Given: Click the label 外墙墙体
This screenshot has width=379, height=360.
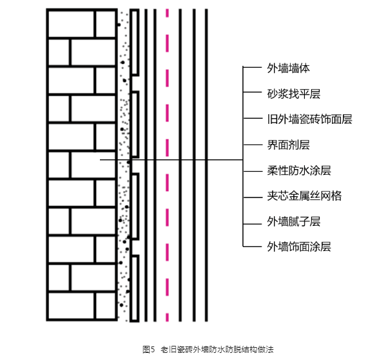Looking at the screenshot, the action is [288, 68].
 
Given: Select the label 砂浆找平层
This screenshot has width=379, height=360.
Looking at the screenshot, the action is [294, 94].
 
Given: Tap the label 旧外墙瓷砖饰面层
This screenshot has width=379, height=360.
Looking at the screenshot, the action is [309, 119].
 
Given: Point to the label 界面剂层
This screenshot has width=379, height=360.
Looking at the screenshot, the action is [288, 145].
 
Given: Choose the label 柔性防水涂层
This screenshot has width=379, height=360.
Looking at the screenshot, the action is [299, 170].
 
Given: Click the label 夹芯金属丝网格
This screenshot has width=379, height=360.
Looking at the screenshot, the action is [304, 196].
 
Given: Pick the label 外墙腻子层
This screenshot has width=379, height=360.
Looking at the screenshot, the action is [294, 222].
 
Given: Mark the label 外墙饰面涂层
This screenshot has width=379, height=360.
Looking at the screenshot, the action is [299, 247].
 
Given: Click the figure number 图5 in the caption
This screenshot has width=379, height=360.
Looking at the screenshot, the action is [148, 350].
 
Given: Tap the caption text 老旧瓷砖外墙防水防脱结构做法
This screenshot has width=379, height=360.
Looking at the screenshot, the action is [217, 350].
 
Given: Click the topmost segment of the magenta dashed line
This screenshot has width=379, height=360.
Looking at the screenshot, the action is [167, 13].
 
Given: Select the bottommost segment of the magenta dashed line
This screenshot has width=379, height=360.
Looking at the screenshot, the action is [167, 317].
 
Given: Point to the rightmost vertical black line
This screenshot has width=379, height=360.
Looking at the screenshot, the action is [206, 165].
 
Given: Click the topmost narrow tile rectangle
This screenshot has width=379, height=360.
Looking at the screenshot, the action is [135, 43].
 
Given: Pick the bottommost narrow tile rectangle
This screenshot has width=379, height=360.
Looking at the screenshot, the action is [135, 288].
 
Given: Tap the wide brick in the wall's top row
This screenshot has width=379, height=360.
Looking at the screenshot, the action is [71, 24].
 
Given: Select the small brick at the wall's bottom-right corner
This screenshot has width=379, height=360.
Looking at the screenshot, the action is [106, 306].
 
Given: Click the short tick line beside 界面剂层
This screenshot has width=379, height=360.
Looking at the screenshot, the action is [253, 145].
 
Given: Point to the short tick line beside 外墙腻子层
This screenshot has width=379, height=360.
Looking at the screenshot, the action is [253, 224].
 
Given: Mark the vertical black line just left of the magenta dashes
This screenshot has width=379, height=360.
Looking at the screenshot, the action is [155, 165].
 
